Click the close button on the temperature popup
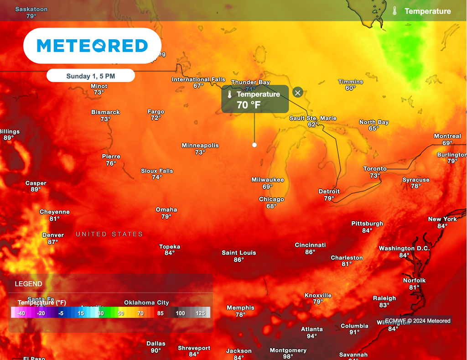click(298, 93)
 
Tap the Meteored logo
click(92, 46)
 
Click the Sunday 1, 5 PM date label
click(91, 76)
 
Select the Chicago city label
click(271, 199)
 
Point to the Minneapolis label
click(200, 146)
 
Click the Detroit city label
click(329, 192)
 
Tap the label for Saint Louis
click(239, 253)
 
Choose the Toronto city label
click(375, 169)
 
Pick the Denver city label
click(53, 235)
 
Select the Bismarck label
click(105, 112)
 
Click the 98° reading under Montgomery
click(288, 357)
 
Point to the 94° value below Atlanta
click(312, 336)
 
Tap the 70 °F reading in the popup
click(249, 105)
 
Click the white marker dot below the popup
click(254, 145)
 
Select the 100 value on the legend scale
click(180, 313)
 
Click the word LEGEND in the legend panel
click(28, 284)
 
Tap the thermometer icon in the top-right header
click(394, 11)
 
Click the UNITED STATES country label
click(109, 234)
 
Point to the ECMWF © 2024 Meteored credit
click(418, 321)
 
